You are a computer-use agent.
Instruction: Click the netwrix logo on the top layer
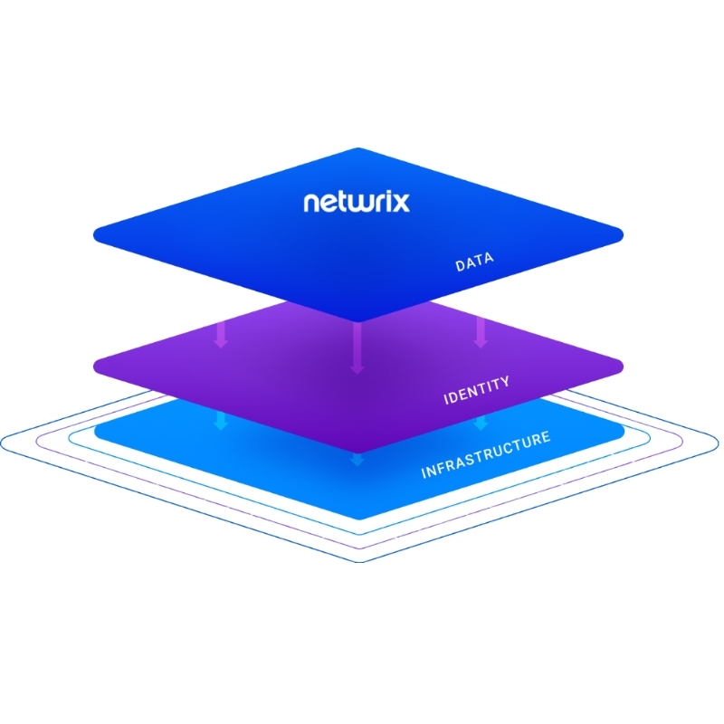(357, 201)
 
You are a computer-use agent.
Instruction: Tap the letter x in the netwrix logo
(400, 202)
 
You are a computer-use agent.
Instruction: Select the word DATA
(474, 264)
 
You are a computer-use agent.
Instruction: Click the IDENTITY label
(476, 391)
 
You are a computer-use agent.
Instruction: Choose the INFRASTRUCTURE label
(485, 455)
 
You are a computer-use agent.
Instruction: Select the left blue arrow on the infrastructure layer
(220, 421)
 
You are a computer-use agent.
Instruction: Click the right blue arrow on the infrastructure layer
(481, 421)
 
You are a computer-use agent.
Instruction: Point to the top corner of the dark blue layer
(358, 149)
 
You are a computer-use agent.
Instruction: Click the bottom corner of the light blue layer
(358, 519)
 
